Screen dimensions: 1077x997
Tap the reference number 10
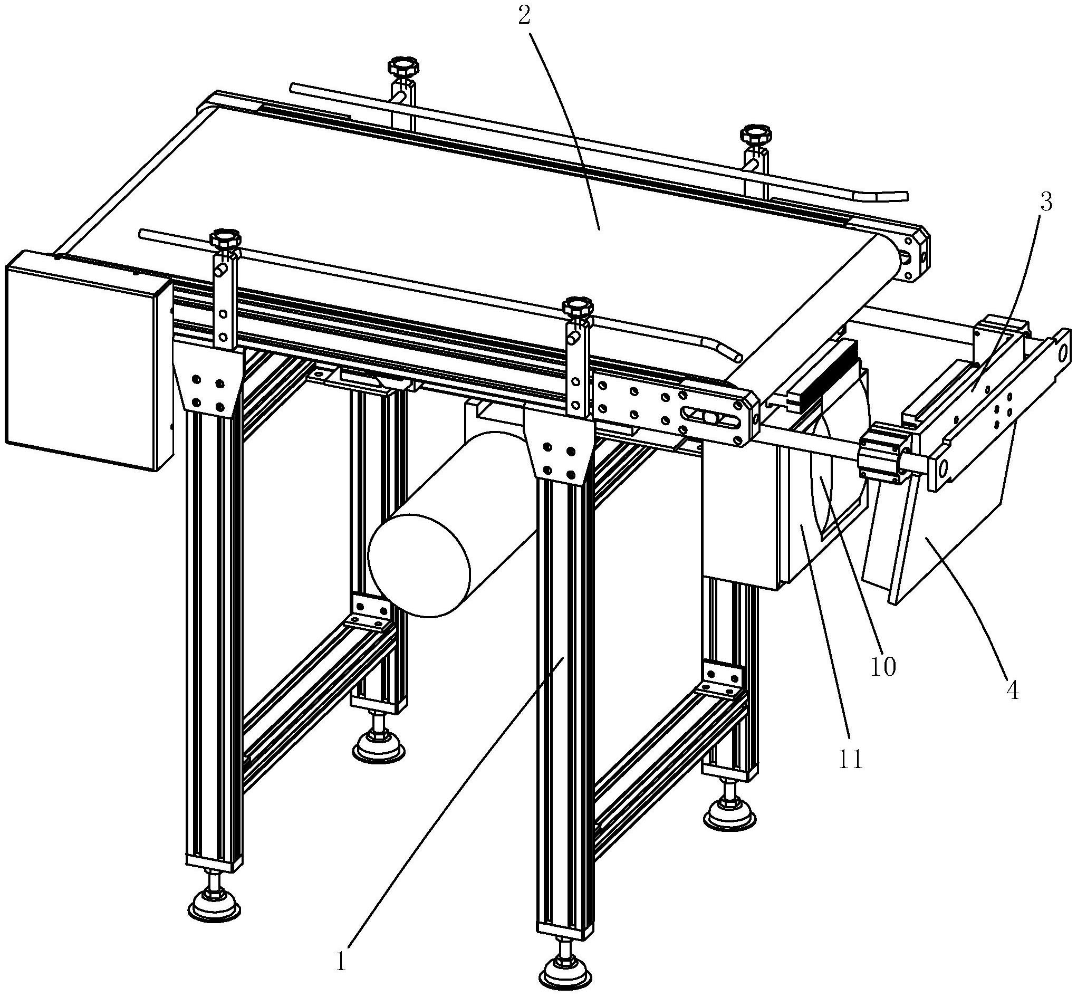[x=883, y=667]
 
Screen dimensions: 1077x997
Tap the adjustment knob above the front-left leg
[x=226, y=238]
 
